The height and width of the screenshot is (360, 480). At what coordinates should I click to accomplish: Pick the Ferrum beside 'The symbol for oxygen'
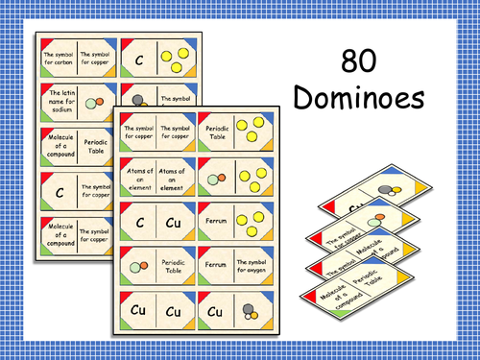pyautogui.click(x=217, y=263)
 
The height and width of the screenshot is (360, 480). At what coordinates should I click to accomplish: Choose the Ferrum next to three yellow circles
pyautogui.click(x=217, y=220)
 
